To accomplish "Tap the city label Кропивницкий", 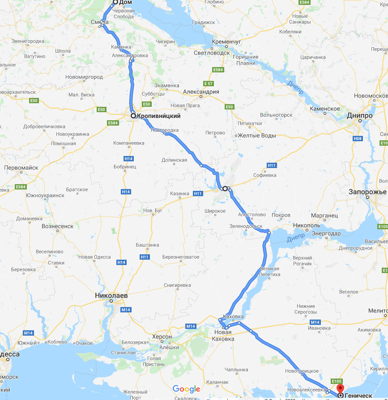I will click(x=158, y=116).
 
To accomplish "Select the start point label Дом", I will click(x=125, y=2).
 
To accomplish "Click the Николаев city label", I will click(x=111, y=295).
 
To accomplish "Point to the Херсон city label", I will click(x=162, y=337).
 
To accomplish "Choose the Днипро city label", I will click(x=359, y=115).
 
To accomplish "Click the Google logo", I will click(x=186, y=389).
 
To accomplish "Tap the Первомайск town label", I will click(x=21, y=168).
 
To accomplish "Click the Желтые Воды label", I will click(x=256, y=135).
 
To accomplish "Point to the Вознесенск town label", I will click(x=57, y=226).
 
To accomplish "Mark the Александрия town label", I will click(x=201, y=92).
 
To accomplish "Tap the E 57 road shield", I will click(x=208, y=84).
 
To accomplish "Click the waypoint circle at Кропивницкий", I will click(x=133, y=116).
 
